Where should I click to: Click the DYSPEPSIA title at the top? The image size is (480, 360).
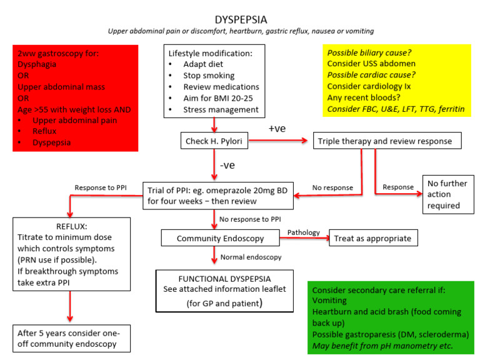pyautogui.click(x=240, y=19)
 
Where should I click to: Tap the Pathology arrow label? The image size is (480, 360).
pyautogui.click(x=304, y=232)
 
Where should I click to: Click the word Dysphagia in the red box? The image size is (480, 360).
pyautogui.click(x=39, y=63)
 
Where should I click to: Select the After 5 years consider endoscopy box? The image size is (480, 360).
pyautogui.click(x=73, y=338)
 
